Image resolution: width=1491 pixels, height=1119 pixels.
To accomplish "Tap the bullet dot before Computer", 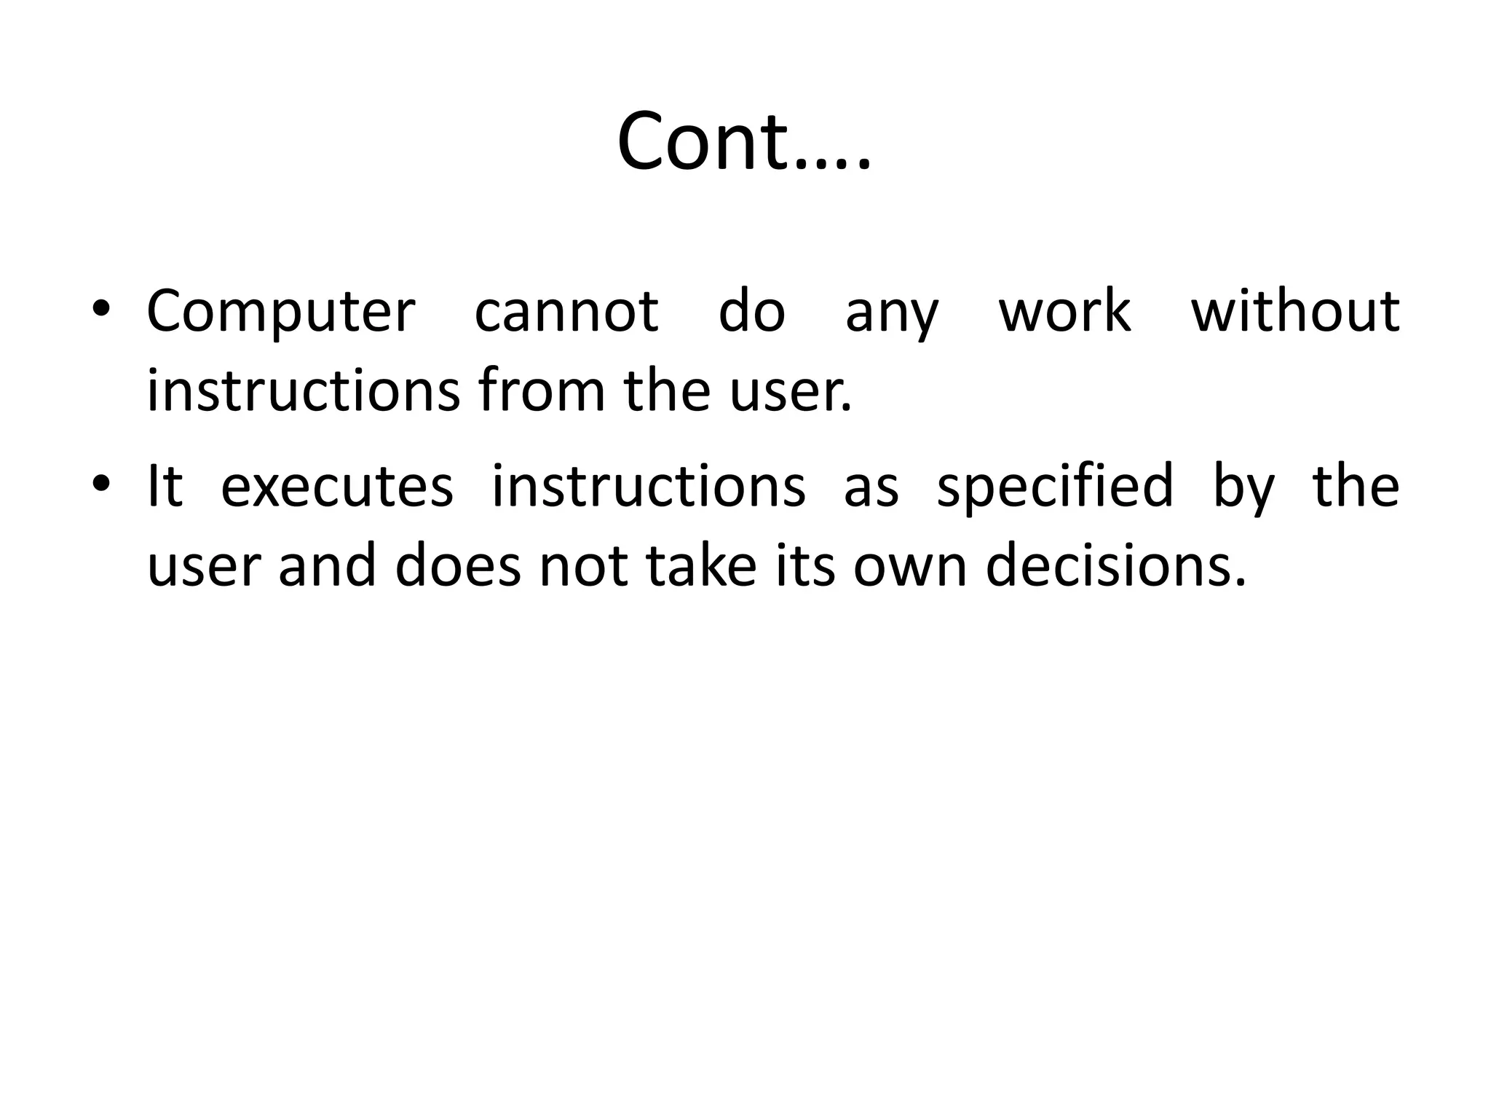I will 101,311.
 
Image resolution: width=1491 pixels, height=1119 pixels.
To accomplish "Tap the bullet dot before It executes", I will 101,485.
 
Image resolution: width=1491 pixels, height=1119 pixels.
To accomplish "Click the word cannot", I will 566,312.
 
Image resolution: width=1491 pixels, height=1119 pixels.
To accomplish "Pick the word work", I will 1064,312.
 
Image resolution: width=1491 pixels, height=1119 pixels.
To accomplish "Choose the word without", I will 1295,310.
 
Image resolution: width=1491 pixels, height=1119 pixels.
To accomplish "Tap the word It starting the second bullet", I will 165,486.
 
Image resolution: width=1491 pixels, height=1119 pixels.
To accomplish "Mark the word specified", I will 1055,487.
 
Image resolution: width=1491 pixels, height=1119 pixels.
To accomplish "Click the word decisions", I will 1116,567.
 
